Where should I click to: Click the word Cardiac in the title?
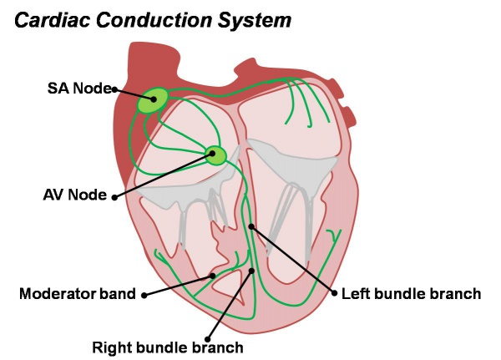click(53, 20)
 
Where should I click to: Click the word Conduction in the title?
click(154, 20)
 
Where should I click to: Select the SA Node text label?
click(79, 88)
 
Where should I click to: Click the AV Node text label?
click(75, 195)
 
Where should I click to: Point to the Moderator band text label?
click(78, 293)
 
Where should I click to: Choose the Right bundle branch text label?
click(168, 347)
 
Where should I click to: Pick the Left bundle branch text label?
click(411, 293)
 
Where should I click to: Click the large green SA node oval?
click(153, 100)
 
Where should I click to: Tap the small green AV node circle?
click(215, 155)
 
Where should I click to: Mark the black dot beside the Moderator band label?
click(144, 295)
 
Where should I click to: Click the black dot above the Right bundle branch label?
click(207, 339)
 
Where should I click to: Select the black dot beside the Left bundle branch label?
click(335, 293)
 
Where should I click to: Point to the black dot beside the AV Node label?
click(114, 197)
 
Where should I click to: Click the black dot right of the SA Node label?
click(114, 89)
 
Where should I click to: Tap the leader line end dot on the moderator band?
click(212, 276)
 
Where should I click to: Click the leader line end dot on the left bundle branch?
click(251, 226)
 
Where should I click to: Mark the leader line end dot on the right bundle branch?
click(252, 271)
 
